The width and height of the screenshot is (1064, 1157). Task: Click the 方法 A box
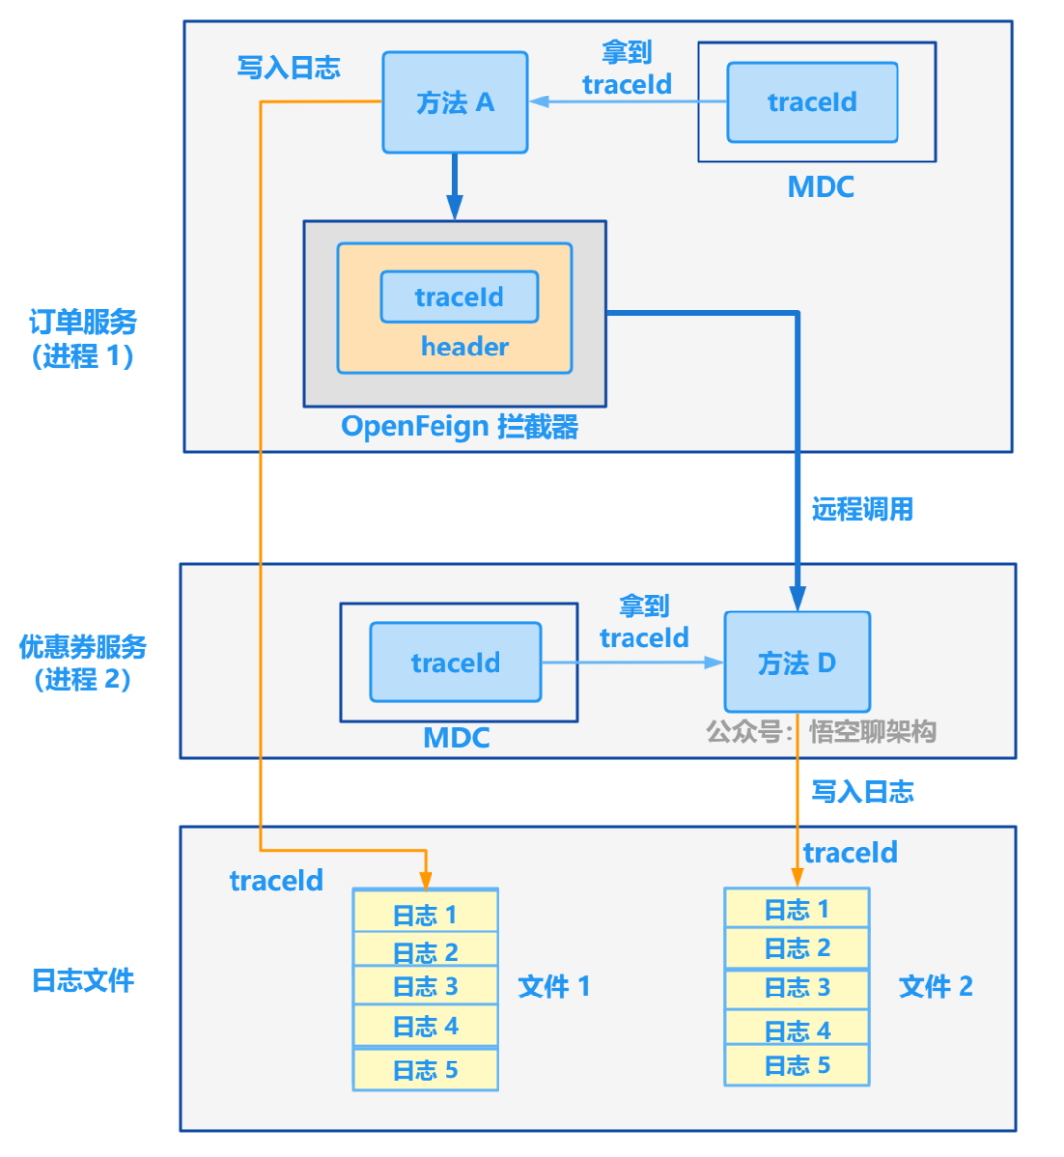tap(454, 102)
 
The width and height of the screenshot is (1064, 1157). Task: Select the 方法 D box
tap(796, 662)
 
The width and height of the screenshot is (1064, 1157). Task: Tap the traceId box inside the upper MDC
tap(812, 102)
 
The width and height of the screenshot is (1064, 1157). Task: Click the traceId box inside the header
tap(459, 296)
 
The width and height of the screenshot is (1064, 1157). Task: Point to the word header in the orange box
tap(464, 347)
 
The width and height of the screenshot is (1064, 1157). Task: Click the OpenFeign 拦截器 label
tap(459, 426)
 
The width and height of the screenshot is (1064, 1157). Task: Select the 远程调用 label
tap(862, 509)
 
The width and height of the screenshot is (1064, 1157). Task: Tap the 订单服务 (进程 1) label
tap(83, 339)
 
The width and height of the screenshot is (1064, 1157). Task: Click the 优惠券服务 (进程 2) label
tap(83, 663)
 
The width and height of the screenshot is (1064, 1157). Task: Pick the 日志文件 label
tap(83, 980)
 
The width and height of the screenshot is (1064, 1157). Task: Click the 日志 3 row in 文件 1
tap(425, 987)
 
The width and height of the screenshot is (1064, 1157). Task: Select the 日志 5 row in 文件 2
tap(796, 1065)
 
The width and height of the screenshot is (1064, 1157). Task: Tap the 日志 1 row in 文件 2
tap(796, 909)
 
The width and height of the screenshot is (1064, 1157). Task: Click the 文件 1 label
tap(554, 987)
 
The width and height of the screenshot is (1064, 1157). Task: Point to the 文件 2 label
tap(935, 987)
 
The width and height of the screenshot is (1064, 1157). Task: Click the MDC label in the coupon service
tap(455, 738)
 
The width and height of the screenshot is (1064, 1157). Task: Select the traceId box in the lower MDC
tap(455, 662)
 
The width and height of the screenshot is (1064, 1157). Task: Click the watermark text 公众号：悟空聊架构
tap(821, 732)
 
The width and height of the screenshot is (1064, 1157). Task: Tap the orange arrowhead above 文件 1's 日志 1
tap(425, 880)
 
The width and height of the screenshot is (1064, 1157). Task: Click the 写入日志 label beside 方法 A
tap(289, 67)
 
